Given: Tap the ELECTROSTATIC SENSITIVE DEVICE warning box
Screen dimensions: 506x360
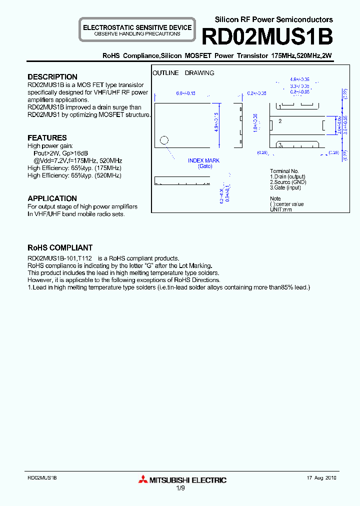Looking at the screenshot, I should (x=137, y=30).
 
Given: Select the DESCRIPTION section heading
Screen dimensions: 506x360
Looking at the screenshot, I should (x=52, y=77).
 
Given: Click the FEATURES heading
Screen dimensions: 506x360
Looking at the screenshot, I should (x=47, y=137).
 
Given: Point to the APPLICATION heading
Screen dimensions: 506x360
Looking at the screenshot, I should (x=52, y=198).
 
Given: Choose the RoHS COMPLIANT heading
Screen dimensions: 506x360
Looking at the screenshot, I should (x=59, y=247).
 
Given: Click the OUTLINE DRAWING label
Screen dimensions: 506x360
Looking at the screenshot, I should (x=183, y=73).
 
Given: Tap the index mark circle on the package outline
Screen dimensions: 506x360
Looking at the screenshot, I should (x=164, y=140).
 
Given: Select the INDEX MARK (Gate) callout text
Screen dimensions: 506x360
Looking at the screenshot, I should (x=203, y=163).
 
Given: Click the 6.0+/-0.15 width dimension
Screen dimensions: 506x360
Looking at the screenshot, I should (x=185, y=93).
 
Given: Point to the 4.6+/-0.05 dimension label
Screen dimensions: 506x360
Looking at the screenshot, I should (x=299, y=79).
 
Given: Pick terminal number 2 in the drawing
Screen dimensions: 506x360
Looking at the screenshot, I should (x=280, y=121).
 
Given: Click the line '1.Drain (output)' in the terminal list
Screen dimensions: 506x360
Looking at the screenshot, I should (x=287, y=176).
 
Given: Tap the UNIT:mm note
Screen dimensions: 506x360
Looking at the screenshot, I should (x=280, y=209).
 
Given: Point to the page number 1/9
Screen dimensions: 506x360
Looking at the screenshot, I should (x=180, y=489).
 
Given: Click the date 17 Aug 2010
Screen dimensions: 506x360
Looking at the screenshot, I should (x=321, y=478).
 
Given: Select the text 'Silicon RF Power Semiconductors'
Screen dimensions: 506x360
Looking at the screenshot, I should (x=273, y=19).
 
